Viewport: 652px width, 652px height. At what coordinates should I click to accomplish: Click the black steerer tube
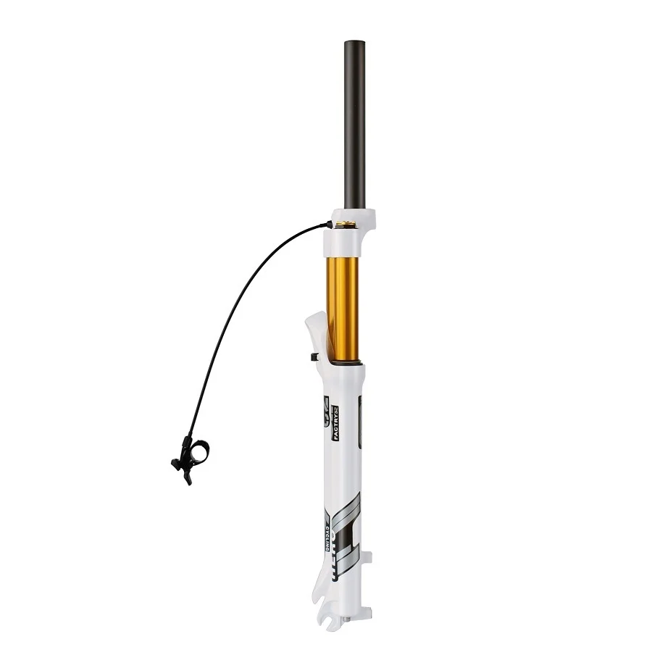[354, 123]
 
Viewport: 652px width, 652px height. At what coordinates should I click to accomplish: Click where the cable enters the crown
[330, 225]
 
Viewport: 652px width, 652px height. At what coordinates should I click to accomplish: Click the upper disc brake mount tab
[367, 559]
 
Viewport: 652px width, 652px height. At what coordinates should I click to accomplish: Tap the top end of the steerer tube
[354, 43]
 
